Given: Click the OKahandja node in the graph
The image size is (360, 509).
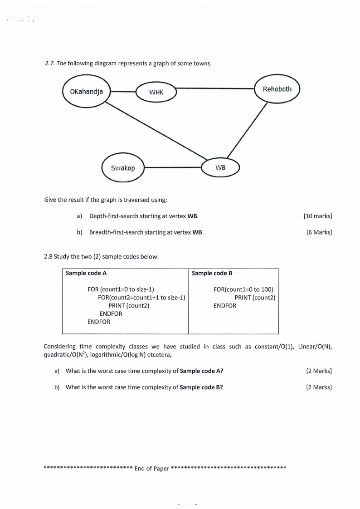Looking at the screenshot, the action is [x=87, y=91].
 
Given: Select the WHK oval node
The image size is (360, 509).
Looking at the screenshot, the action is [x=156, y=92].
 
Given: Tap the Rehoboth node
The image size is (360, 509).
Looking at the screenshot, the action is [x=277, y=89].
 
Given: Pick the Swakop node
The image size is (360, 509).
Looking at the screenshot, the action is [x=123, y=168].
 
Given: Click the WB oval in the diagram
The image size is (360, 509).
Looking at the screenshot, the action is [x=220, y=167].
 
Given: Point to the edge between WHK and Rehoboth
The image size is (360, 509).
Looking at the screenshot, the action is [x=215, y=88].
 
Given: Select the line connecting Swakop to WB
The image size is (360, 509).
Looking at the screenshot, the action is [x=173, y=167].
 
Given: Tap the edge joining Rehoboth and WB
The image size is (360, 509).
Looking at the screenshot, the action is [x=247, y=130].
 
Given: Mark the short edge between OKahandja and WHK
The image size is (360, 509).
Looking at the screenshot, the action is [x=124, y=92].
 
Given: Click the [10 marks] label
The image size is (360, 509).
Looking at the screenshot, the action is [x=318, y=216].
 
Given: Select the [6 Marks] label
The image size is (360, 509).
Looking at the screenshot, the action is [x=319, y=232].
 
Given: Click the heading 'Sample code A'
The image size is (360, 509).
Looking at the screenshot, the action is [x=86, y=273].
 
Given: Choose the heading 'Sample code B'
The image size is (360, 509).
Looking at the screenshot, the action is [x=212, y=273].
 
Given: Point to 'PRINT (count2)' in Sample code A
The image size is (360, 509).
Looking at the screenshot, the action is [x=129, y=305].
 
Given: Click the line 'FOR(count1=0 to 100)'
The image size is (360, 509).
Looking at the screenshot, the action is [x=243, y=289].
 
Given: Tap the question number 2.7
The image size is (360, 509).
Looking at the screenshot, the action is [x=50, y=64].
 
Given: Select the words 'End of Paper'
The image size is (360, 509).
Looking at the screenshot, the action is [x=152, y=469].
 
